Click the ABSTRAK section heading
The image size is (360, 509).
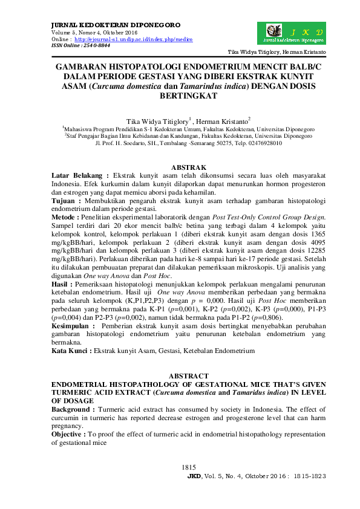[189, 167]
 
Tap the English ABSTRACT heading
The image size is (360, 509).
[189, 375]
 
